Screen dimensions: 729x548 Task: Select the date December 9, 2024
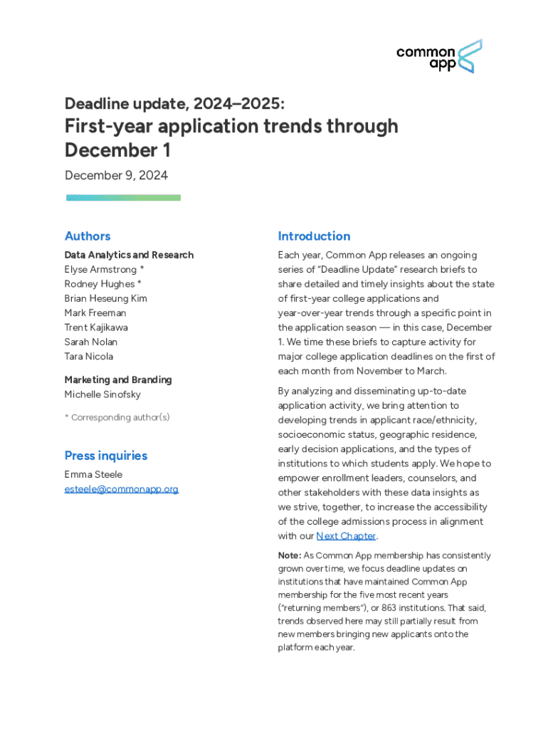point(116,175)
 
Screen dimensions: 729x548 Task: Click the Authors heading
point(88,236)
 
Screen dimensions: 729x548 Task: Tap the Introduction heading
point(314,236)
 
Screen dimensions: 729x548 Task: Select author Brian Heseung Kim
point(105,298)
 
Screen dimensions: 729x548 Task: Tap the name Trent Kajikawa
point(96,327)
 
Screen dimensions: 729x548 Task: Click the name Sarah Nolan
point(91,342)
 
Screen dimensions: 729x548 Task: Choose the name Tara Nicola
point(88,357)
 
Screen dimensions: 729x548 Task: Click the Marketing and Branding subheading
point(118,380)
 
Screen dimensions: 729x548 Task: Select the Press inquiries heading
point(106,456)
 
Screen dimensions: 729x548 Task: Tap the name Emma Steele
point(93,474)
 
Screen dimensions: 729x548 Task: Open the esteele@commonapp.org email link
point(121,489)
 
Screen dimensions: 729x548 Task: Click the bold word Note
point(289,555)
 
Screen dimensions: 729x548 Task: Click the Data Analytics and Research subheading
point(129,255)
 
